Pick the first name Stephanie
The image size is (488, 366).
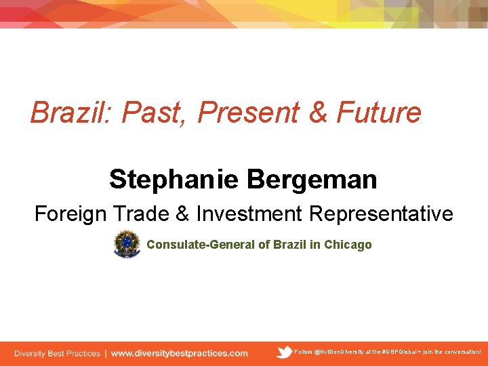pos(174,180)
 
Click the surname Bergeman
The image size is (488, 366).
pos(312,180)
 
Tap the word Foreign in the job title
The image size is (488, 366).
pos(70,214)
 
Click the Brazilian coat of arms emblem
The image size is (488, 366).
pos(127,244)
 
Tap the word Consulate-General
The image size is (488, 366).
pos(200,245)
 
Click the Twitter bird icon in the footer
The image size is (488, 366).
pos(285,352)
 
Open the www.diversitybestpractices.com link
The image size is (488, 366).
pos(179,353)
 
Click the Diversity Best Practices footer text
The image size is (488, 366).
pos(57,353)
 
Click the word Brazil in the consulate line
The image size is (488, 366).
pos(290,245)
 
